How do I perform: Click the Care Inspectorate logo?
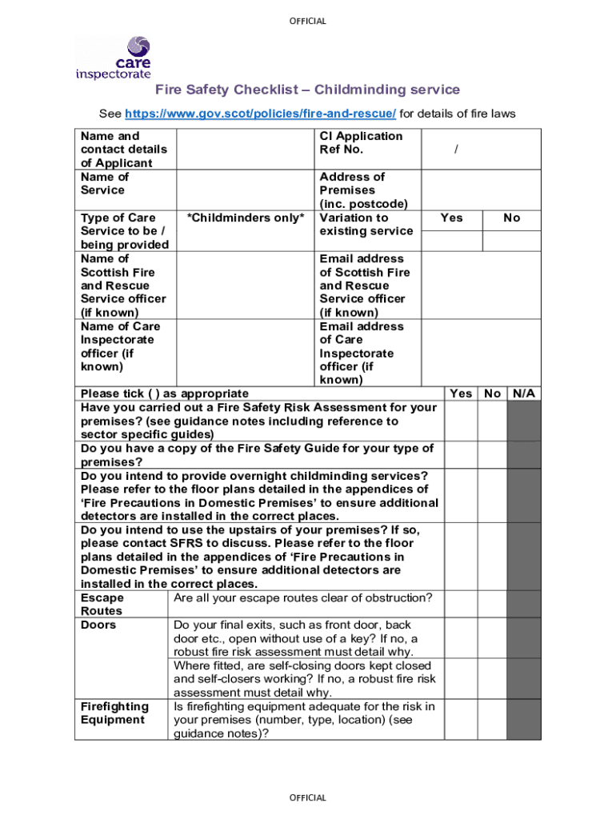(113, 58)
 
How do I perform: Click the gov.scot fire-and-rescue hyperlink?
(260, 114)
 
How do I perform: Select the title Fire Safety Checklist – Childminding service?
(307, 90)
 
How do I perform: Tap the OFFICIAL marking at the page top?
(308, 21)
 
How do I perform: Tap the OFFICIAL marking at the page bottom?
(308, 797)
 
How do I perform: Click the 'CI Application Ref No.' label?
(361, 142)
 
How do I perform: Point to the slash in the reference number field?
(456, 150)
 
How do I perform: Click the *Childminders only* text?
(246, 218)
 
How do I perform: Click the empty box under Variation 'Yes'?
(451, 240)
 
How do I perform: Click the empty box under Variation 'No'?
(511, 240)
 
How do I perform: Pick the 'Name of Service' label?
(104, 183)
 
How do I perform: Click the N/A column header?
(524, 394)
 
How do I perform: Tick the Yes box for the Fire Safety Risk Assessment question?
(462, 421)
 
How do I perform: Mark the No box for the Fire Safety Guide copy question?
(493, 455)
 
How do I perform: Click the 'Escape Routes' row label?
(102, 605)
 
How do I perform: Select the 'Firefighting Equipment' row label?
(114, 713)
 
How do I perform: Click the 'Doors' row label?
(98, 625)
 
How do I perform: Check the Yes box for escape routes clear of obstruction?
(462, 605)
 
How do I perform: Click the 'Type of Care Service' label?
(124, 231)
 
